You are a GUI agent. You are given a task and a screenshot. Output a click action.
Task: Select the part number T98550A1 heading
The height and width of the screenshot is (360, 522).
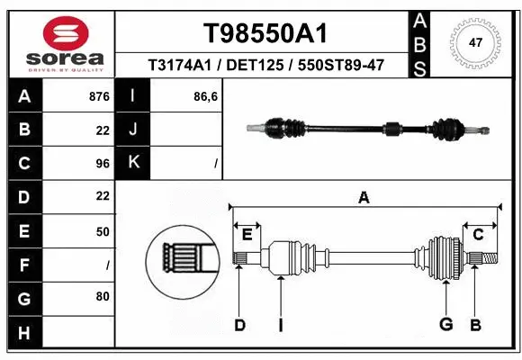tap(265, 33)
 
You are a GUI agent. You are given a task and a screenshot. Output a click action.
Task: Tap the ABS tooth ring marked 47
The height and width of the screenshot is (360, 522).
tap(476, 41)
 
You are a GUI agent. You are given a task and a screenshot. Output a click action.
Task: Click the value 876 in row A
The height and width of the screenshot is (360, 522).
tap(100, 94)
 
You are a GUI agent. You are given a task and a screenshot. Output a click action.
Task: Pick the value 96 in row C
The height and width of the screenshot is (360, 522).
tap(103, 164)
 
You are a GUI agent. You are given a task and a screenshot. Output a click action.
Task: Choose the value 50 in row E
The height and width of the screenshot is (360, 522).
tap(103, 231)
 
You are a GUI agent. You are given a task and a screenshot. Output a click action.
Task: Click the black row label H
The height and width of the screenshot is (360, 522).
tap(23, 333)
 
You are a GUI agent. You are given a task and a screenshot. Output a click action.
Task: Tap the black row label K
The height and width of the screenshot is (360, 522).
tap(134, 163)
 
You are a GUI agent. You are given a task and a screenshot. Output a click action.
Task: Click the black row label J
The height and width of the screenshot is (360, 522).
tap(134, 130)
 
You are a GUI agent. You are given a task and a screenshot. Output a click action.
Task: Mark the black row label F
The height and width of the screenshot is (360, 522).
tap(23, 265)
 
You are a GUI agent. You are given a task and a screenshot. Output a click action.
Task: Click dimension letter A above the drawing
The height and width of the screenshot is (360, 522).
tap(364, 197)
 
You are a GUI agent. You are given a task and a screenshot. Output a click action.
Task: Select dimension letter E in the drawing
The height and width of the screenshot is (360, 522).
tap(247, 234)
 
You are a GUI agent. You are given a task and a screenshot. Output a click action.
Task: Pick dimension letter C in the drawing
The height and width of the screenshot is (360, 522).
tap(478, 234)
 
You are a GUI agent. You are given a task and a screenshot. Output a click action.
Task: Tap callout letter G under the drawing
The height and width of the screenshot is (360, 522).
tap(445, 325)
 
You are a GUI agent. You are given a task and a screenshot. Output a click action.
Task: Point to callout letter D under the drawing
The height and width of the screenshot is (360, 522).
tap(239, 325)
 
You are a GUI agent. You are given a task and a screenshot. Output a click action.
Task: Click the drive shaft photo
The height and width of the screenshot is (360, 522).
tap(369, 129)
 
